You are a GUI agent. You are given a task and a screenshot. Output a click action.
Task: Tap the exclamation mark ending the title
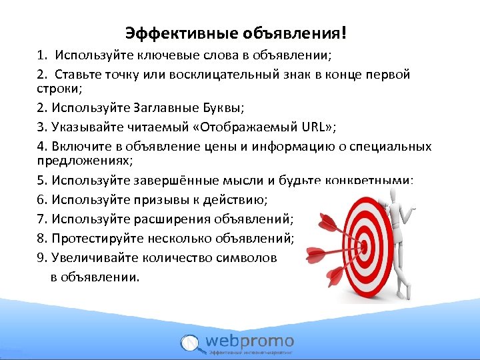(x=344, y=33)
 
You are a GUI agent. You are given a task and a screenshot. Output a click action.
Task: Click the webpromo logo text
(x=251, y=341)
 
